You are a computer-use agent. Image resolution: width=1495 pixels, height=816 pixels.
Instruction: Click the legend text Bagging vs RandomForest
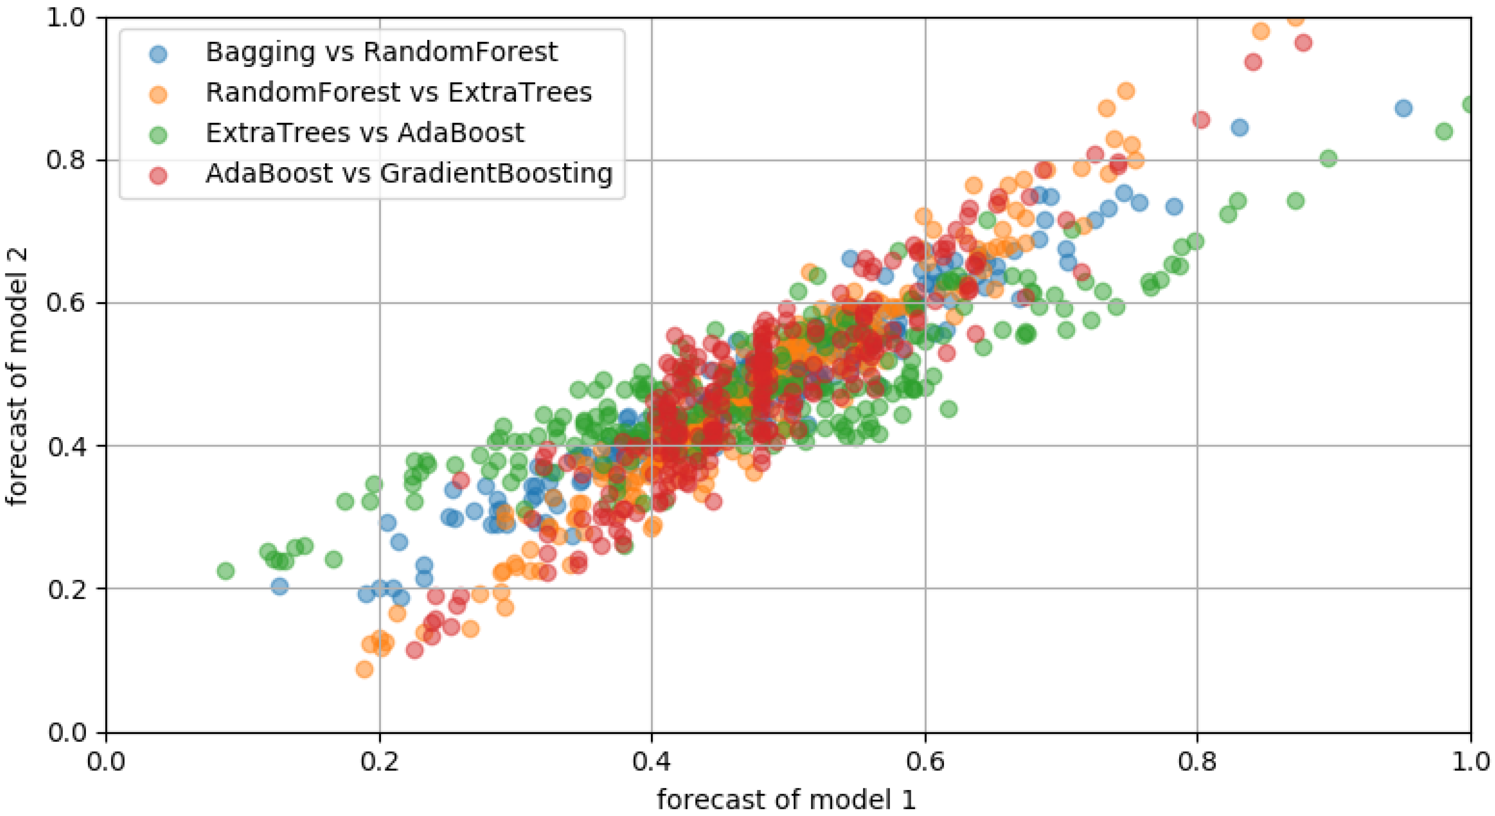pyautogui.click(x=381, y=52)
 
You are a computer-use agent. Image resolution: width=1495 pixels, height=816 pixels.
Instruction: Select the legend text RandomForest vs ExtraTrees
pyautogui.click(x=399, y=93)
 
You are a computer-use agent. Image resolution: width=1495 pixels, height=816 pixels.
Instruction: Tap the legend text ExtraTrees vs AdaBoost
pyautogui.click(x=365, y=133)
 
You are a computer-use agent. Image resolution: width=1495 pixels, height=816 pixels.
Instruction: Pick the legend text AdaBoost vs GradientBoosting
pyautogui.click(x=409, y=173)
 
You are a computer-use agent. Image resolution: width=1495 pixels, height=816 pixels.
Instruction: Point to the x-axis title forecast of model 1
pyautogui.click(x=786, y=800)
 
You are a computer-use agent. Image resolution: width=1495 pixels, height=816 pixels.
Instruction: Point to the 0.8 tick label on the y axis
pyautogui.click(x=66, y=160)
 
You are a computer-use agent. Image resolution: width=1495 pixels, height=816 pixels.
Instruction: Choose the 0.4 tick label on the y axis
pyautogui.click(x=66, y=446)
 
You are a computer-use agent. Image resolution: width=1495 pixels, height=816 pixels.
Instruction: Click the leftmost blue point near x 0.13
pyautogui.click(x=280, y=586)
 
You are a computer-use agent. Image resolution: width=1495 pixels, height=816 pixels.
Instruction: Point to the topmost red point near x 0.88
pyautogui.click(x=1303, y=43)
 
